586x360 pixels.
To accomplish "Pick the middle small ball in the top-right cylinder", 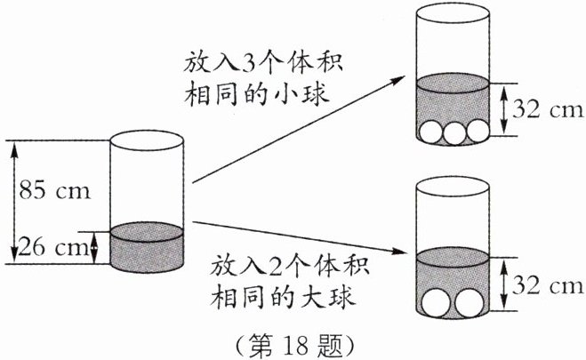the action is point(454,131).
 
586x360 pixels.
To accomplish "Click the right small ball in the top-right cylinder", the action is point(478,131).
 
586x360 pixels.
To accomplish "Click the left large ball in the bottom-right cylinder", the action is point(437,303).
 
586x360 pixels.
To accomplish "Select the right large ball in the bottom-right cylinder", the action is point(470,303).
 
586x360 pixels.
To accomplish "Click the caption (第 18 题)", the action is point(293,342).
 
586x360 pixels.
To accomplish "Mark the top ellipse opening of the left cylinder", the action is point(146,139).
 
